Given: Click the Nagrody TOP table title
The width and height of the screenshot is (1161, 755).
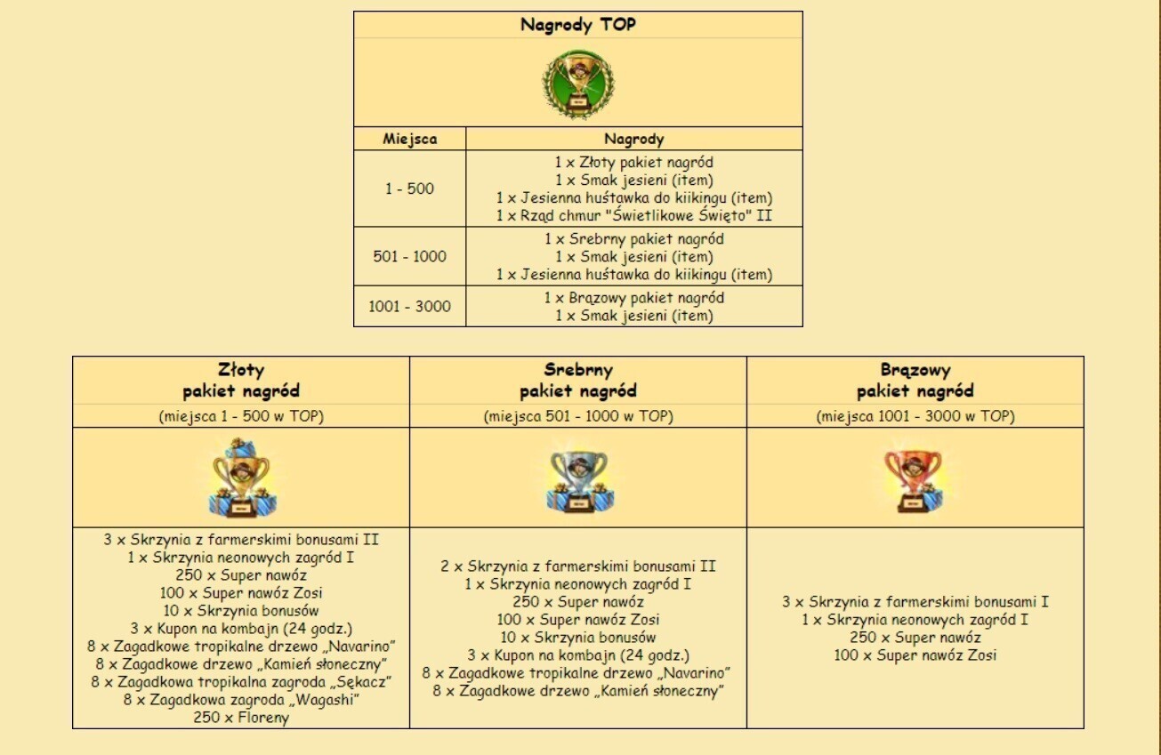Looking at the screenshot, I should (x=578, y=25).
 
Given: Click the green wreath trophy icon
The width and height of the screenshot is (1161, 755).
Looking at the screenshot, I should (x=579, y=84).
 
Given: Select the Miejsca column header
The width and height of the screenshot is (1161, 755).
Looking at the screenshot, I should (x=410, y=139).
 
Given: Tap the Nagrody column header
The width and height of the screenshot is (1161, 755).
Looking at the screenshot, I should (x=633, y=139).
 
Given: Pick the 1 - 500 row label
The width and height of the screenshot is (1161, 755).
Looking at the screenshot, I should (x=410, y=189).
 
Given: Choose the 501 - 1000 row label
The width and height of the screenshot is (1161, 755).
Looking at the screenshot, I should (x=410, y=256).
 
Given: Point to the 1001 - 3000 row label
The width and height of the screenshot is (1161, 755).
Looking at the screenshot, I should (x=410, y=306).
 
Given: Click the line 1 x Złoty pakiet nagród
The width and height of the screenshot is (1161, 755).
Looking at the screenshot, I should (x=633, y=163).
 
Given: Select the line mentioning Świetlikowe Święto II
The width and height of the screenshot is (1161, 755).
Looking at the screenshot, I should (x=633, y=216).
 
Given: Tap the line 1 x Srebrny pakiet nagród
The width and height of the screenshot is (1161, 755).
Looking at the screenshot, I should (x=633, y=239).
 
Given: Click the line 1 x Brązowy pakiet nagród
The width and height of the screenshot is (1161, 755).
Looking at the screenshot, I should (x=633, y=298).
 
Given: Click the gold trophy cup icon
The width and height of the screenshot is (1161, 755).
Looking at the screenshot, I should (x=240, y=478).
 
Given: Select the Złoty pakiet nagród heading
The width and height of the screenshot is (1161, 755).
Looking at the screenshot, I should (x=241, y=380).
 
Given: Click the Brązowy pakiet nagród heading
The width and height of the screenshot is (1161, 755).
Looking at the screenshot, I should (x=915, y=380).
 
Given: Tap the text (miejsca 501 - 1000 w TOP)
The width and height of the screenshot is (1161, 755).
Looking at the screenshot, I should (x=578, y=415).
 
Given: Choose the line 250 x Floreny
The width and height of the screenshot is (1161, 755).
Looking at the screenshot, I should (x=241, y=718).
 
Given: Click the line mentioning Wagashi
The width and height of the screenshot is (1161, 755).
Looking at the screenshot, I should (x=241, y=700).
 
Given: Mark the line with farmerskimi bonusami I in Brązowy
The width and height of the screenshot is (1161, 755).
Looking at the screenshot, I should (x=915, y=602).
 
